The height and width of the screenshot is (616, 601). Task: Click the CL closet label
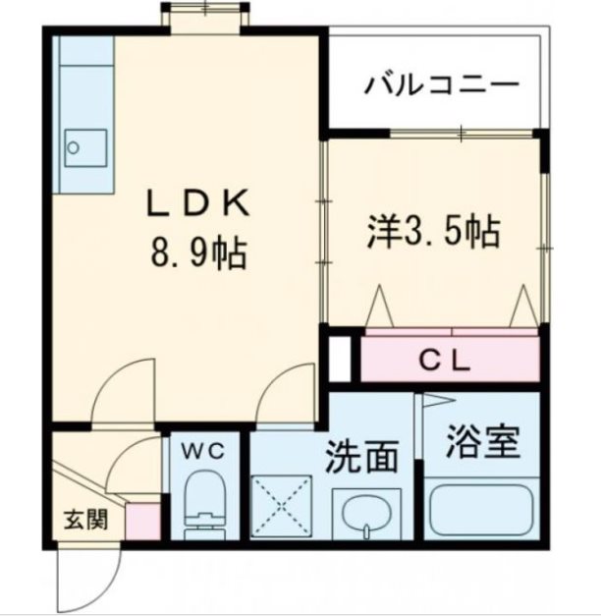pyautogui.click(x=446, y=360)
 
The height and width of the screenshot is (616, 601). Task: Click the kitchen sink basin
pyautogui.click(x=76, y=148)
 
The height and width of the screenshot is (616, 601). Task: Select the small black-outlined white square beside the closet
pyautogui.click(x=340, y=359)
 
